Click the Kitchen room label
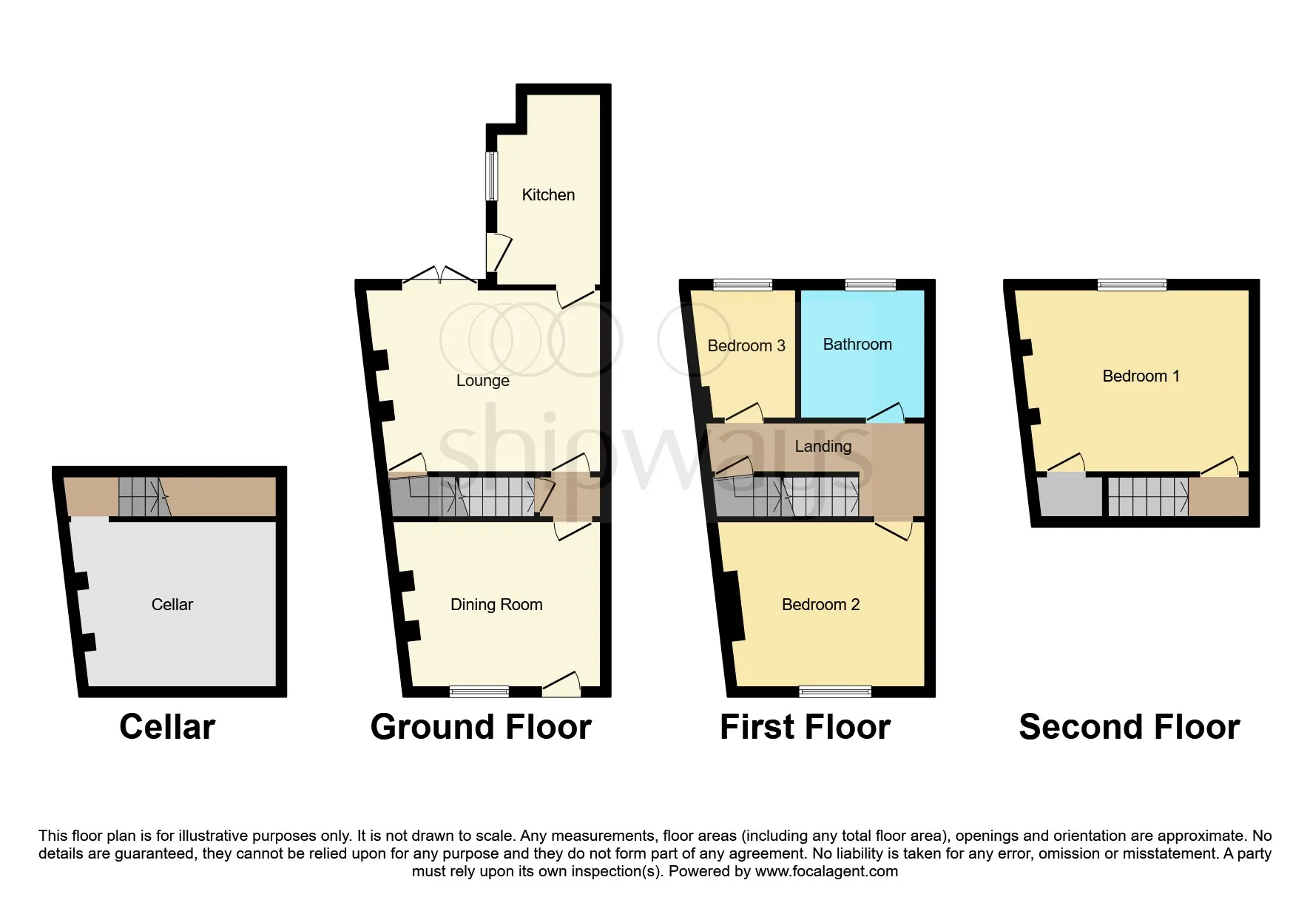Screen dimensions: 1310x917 tap(548, 195)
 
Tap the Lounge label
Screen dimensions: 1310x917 tap(483, 381)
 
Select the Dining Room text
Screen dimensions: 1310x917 tap(496, 605)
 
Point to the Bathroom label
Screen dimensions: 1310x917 tap(857, 345)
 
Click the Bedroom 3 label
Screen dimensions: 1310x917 tap(746, 346)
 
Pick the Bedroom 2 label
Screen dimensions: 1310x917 tap(820, 605)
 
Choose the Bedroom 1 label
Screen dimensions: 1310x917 tap(1141, 376)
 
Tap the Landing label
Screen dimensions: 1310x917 tap(823, 447)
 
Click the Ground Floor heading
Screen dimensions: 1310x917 tap(481, 727)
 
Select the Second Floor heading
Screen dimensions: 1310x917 tap(1130, 727)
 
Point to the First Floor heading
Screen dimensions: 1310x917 tap(806, 727)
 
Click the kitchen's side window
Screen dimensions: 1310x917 tap(491, 176)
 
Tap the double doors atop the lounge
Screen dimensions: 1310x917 tap(439, 276)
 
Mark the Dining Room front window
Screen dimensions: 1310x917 tap(479, 692)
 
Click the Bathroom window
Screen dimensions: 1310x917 tap(871, 285)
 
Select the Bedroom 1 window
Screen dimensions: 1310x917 tap(1132, 285)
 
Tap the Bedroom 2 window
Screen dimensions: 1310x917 tap(835, 692)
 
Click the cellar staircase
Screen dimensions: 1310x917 tap(145, 496)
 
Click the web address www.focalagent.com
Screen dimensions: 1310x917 tap(826, 871)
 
